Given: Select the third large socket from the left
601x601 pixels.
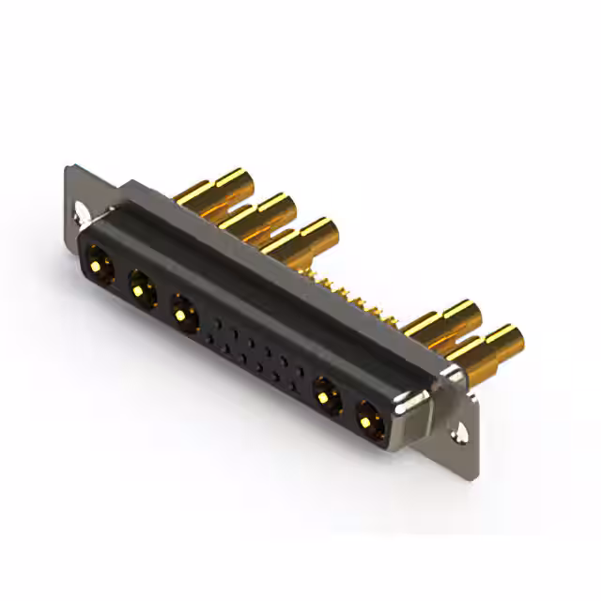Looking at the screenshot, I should (183, 311).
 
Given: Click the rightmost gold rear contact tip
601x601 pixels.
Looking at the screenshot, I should (502, 338).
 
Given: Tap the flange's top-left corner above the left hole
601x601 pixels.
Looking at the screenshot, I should (73, 174).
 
